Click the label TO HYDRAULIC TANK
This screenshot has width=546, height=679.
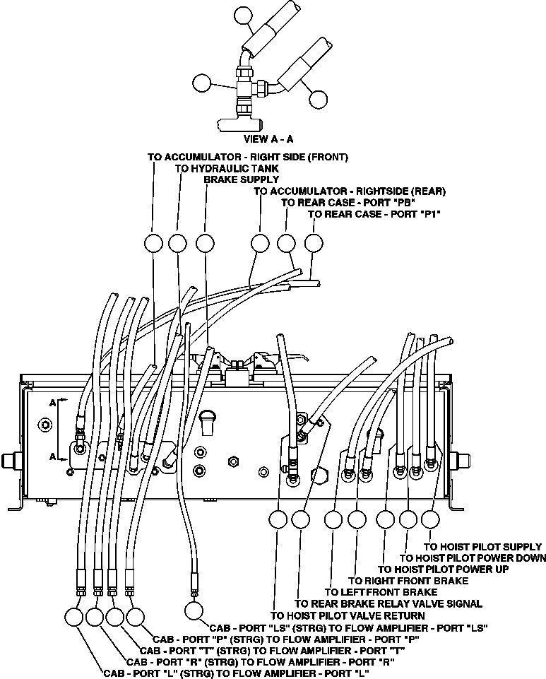(x=226, y=168)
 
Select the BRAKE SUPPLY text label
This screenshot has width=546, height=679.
(x=232, y=179)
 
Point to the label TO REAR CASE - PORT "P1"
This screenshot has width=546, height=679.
(x=374, y=213)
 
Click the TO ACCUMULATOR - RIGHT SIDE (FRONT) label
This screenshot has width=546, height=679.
(x=247, y=157)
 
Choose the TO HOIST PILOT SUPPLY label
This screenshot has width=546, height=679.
(x=482, y=546)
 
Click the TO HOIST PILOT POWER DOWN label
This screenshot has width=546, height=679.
(x=473, y=557)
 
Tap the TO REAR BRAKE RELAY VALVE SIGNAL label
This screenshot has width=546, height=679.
(x=388, y=603)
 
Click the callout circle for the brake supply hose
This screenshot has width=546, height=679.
(x=205, y=243)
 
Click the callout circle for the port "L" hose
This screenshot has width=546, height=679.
(x=73, y=617)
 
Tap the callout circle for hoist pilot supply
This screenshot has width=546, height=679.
(x=429, y=519)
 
